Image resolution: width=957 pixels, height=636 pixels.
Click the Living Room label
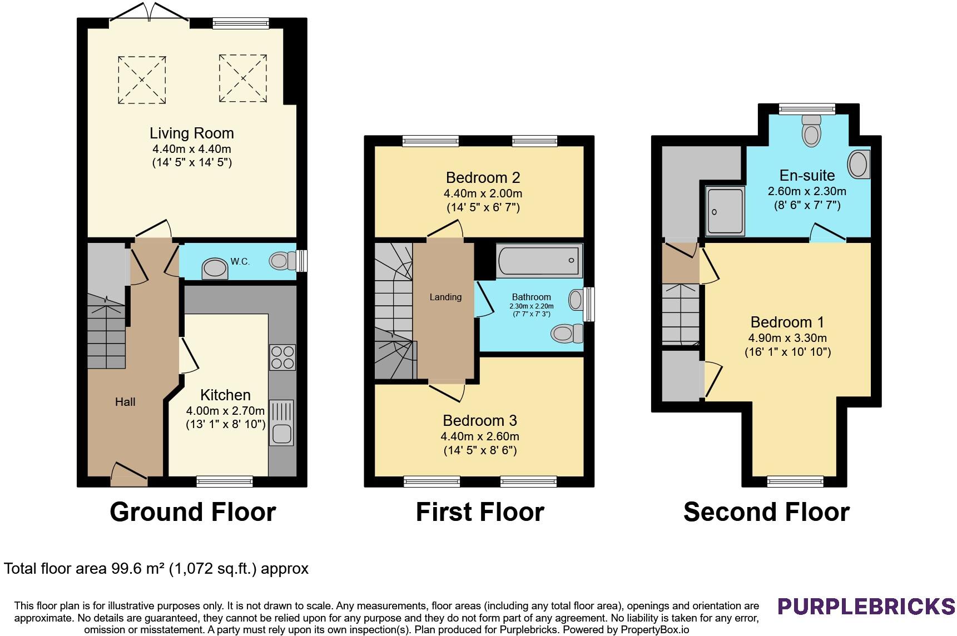[191, 133]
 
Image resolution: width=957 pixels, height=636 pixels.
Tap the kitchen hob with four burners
[282, 357]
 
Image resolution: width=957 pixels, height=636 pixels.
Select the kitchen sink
[282, 423]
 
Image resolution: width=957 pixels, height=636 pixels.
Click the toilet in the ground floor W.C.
[284, 260]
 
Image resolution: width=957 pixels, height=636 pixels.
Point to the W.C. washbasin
[215, 268]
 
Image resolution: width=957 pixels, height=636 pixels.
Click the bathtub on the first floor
[540, 260]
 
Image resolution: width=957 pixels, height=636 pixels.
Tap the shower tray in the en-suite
[725, 211]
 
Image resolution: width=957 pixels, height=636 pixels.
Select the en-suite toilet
[812, 130]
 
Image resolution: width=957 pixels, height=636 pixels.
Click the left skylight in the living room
[142, 79]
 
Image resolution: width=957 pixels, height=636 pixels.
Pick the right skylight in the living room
[242, 78]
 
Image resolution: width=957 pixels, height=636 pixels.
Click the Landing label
[445, 297]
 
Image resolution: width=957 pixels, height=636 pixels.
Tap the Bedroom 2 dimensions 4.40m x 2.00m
[483, 194]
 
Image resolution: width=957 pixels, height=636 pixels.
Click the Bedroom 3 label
[480, 420]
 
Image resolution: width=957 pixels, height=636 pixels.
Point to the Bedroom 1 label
[787, 322]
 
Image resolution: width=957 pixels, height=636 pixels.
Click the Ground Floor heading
[193, 512]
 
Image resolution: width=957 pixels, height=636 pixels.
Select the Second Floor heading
[766, 512]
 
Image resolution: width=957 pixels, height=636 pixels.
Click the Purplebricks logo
[866, 606]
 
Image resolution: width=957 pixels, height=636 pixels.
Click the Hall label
[125, 402]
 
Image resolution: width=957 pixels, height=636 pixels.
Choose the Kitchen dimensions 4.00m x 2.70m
[225, 411]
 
